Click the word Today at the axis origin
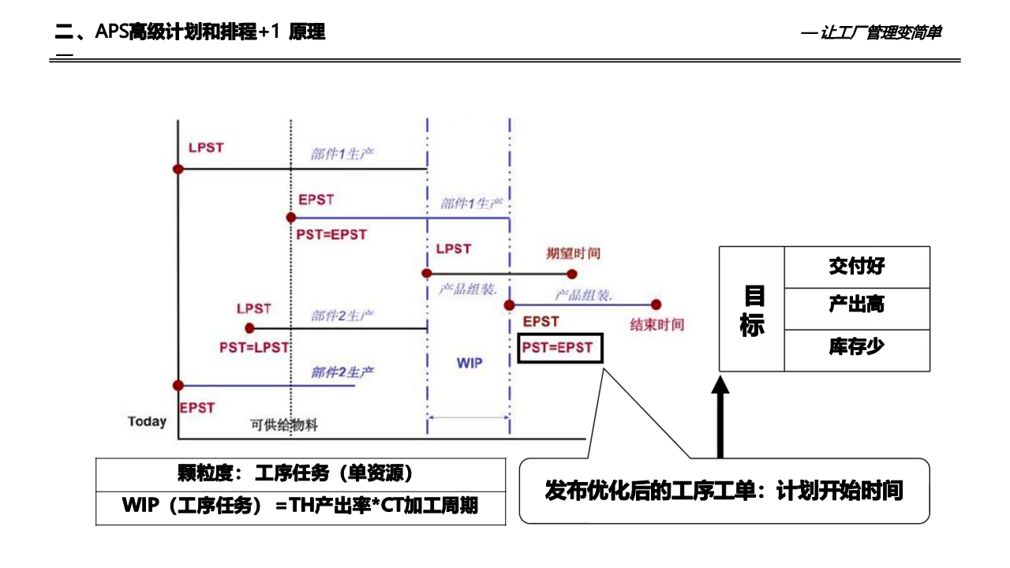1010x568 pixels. point(148,421)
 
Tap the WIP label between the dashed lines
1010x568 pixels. point(469,363)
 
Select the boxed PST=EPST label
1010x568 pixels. point(560,347)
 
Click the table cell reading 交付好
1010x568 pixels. point(856,267)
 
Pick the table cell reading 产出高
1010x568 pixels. point(856,305)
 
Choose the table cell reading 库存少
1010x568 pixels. point(856,346)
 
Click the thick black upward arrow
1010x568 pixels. point(720,418)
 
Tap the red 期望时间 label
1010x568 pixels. point(574,253)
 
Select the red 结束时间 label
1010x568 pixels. point(656,324)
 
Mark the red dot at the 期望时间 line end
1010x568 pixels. point(573,274)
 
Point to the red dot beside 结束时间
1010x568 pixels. point(656,305)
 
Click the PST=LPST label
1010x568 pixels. point(254,347)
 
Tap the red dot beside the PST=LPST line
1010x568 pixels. point(250,328)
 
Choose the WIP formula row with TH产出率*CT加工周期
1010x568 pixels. point(300,506)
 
